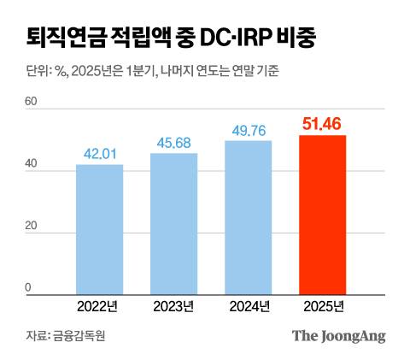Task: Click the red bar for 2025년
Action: click(323, 215)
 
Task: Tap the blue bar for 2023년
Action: click(173, 224)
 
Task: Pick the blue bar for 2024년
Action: click(249, 217)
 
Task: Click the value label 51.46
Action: click(323, 125)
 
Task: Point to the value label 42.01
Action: click(99, 154)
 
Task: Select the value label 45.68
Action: click(173, 143)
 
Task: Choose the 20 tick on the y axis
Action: click(32, 227)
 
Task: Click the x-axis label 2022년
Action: click(99, 306)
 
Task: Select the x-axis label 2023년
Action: click(173, 306)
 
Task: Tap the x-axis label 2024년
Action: click(249, 306)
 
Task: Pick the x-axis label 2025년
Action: click(323, 306)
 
